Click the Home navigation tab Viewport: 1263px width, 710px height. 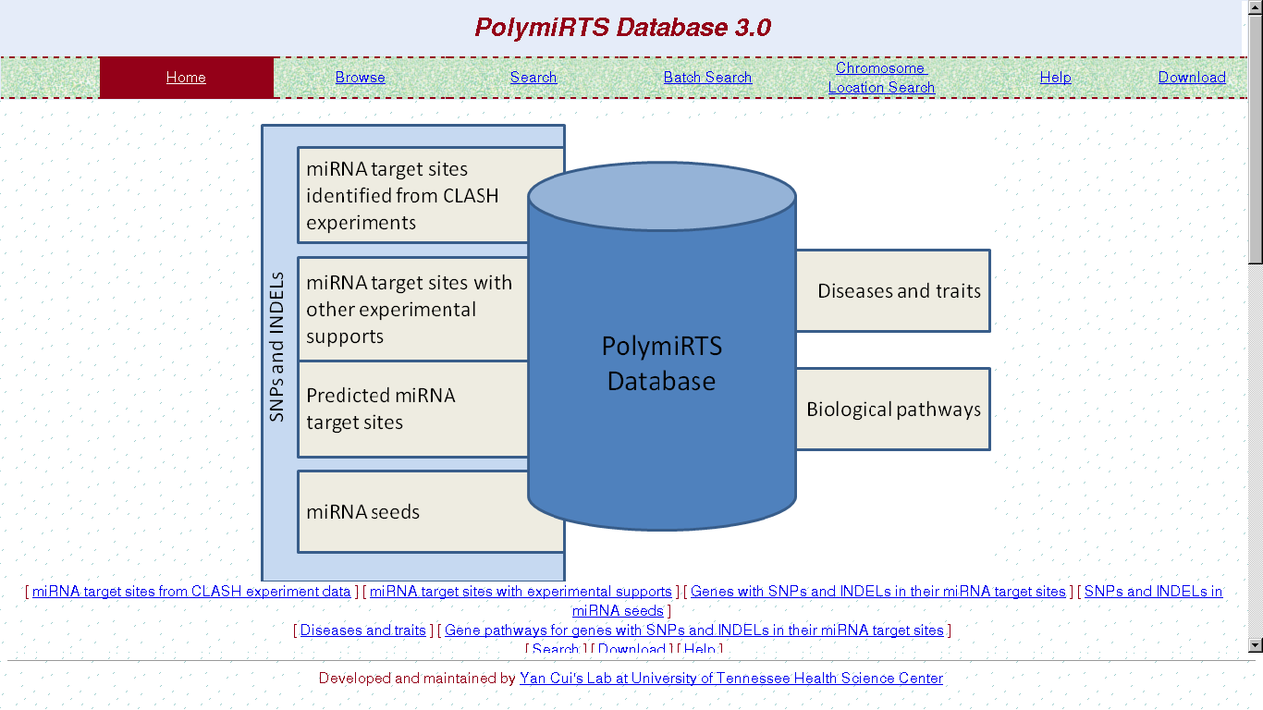(x=186, y=78)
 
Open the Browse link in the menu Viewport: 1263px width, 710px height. (x=360, y=78)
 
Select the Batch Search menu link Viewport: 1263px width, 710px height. (x=707, y=78)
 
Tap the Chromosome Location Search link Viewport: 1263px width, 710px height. (x=881, y=78)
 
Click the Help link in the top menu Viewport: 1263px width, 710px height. (x=1055, y=78)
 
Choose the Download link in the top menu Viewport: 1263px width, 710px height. (x=1192, y=78)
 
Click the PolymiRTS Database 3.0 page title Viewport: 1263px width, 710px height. (x=622, y=27)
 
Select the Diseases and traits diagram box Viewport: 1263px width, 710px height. (x=894, y=291)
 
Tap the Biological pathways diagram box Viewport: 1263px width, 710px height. (x=894, y=410)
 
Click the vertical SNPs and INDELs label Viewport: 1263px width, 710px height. (x=277, y=347)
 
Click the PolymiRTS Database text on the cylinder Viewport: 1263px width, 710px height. (x=661, y=363)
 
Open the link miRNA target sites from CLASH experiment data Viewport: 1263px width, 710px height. (x=191, y=592)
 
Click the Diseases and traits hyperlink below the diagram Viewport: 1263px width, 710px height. (x=362, y=630)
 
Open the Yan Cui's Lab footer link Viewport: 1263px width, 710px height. (x=730, y=679)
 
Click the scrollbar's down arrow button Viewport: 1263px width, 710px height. (x=1255, y=645)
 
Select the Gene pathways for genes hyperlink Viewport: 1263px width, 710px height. (x=693, y=630)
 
